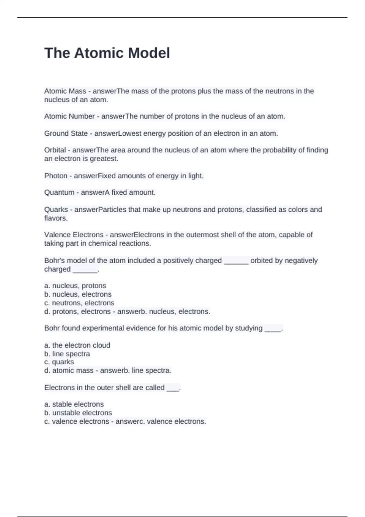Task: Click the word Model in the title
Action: [x=149, y=53]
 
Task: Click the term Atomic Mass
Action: [x=65, y=91]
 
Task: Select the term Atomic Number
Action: [x=69, y=116]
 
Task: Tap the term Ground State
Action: [x=66, y=133]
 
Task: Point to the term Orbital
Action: [x=55, y=150]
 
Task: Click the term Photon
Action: [x=56, y=176]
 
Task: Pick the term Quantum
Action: [x=59, y=192]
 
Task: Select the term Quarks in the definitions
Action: [x=56, y=210]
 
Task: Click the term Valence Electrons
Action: [x=74, y=235]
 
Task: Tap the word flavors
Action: [x=56, y=218]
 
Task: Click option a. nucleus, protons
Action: [x=75, y=286]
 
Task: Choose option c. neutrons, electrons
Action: [x=79, y=303]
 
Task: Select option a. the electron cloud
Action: [x=77, y=345]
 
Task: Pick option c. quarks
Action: [x=59, y=362]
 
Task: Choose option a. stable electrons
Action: [x=74, y=404]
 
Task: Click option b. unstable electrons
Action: [x=78, y=413]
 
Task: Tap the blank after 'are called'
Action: [x=173, y=388]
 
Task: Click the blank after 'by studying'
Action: [x=273, y=328]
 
